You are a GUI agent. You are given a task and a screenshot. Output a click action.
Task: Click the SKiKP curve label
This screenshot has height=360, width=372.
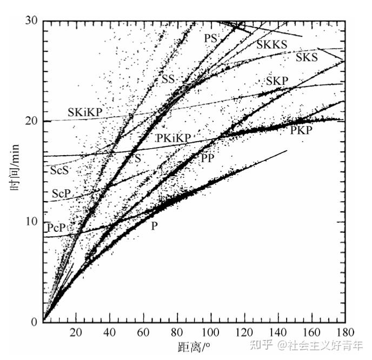[85, 112]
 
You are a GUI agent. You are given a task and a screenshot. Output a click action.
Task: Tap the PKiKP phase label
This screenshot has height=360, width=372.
[174, 138]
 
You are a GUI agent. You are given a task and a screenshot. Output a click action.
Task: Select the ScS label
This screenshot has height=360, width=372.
[59, 170]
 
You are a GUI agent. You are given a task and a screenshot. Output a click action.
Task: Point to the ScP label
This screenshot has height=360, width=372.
[61, 194]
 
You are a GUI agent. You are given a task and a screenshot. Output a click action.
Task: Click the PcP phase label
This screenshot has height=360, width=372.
[56, 228]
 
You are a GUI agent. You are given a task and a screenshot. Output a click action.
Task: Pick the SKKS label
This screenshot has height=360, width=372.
[272, 44]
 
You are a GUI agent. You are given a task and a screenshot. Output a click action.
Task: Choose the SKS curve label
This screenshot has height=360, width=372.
[307, 57]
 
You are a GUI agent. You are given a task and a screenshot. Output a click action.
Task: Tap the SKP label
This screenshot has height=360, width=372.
[277, 81]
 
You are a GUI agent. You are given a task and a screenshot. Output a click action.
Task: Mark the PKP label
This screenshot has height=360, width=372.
[301, 130]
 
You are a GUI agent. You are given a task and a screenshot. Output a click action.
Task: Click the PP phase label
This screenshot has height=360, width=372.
[208, 158]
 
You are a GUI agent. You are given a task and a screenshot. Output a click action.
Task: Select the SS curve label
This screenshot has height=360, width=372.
[168, 79]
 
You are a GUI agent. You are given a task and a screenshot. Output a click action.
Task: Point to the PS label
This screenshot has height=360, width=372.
[211, 38]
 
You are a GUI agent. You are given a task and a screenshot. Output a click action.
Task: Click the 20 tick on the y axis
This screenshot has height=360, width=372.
[31, 122]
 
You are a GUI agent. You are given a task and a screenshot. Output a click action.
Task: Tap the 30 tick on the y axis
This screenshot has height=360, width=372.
[31, 21]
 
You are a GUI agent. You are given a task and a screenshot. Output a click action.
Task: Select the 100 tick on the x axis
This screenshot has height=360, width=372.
[211, 332]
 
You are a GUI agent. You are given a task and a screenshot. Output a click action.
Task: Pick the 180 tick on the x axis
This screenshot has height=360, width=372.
[346, 332]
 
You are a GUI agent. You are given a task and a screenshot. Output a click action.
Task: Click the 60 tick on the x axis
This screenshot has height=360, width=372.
[143, 332]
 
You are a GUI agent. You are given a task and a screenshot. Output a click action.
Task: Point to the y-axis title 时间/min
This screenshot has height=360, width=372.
[15, 168]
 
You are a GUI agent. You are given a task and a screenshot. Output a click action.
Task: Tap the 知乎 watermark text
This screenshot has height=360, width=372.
[261, 345]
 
